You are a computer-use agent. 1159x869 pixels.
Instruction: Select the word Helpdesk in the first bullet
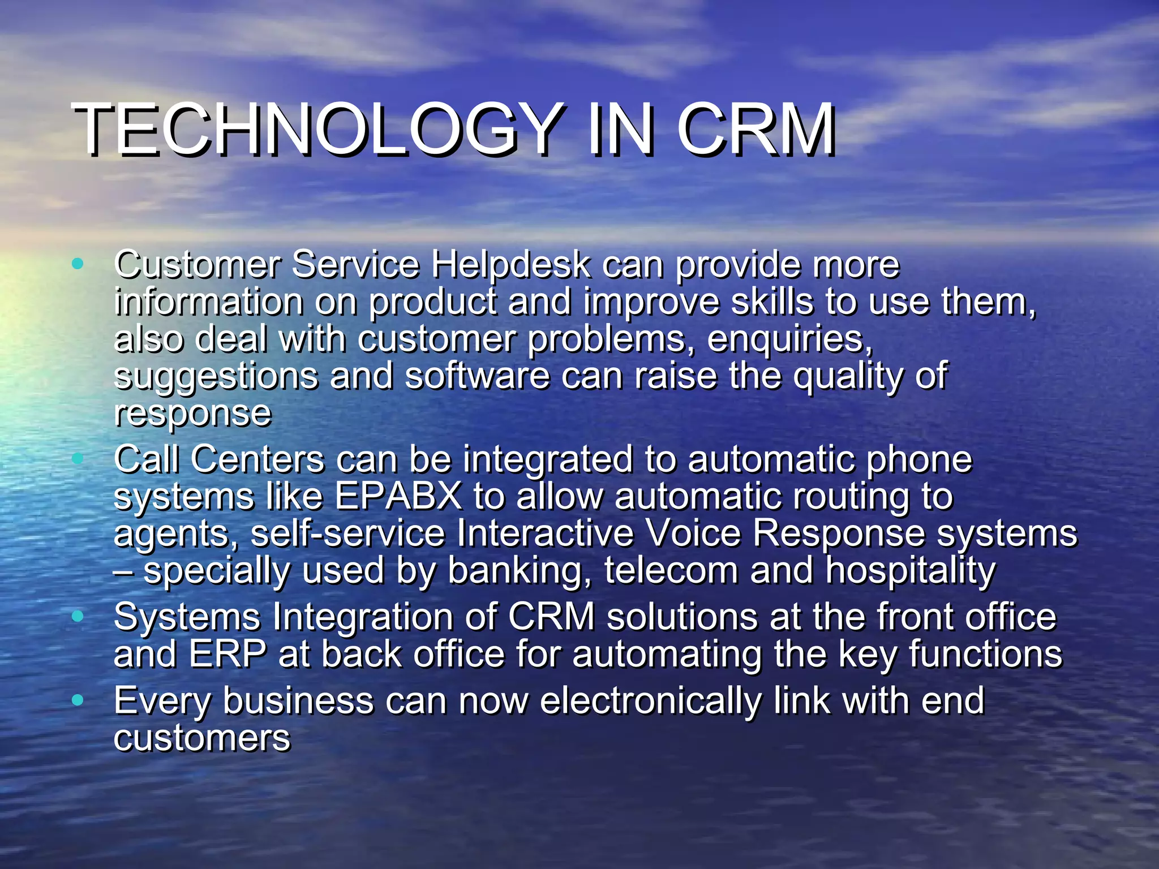pos(510,265)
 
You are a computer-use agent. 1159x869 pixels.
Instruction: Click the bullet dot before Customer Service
pos(78,263)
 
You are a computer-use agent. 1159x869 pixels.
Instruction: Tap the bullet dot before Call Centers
pos(78,458)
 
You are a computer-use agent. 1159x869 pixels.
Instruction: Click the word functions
pos(985,654)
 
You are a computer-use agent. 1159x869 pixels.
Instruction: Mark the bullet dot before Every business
pos(78,700)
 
